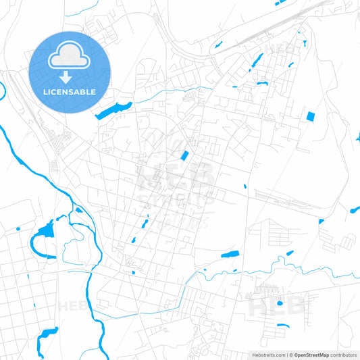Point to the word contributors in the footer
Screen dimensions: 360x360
tap(342, 354)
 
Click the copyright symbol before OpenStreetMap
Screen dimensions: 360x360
tap(292, 354)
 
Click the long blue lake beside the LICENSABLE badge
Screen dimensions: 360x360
tap(113, 110)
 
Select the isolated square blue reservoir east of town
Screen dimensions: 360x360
tap(311, 116)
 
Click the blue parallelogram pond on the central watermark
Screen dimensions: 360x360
tap(184, 156)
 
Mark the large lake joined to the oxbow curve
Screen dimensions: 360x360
tap(47, 232)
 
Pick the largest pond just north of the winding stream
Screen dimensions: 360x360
tap(230, 255)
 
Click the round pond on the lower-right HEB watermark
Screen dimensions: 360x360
tap(280, 303)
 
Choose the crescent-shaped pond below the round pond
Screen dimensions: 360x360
tap(283, 326)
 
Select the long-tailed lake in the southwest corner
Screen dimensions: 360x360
tap(47, 334)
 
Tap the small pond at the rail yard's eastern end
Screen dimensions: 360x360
tap(322, 221)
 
